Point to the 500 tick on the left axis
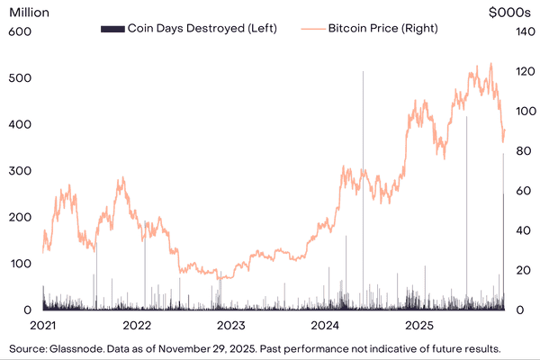[21, 77]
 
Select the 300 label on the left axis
[21, 170]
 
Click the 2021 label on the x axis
[43, 324]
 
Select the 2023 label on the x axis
[230, 324]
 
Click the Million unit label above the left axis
[30, 13]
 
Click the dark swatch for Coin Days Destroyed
[111, 29]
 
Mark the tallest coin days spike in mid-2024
[363, 72]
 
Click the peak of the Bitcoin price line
[490, 63]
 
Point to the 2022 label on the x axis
[137, 324]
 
